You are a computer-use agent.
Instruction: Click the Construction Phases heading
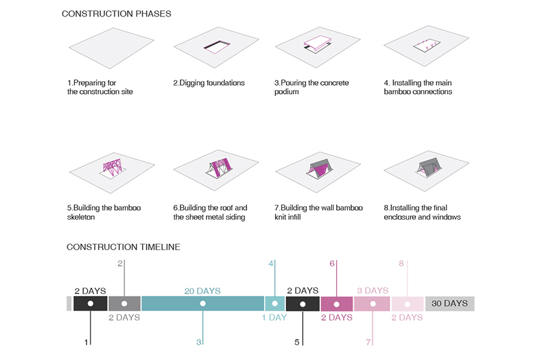pos(116,13)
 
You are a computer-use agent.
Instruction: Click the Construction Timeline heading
pos(123,247)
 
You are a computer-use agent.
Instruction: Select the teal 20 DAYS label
pos(202,291)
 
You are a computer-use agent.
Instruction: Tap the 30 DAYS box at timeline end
pos(450,303)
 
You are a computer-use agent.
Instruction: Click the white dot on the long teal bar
pos(203,304)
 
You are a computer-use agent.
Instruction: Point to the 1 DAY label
pos(274,317)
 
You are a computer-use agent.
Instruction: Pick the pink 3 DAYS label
pos(372,291)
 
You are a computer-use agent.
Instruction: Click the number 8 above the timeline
pos(402,263)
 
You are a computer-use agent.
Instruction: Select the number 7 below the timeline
pos(368,342)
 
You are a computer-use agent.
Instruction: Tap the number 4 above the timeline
pos(271,263)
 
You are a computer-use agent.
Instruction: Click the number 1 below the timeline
pos(86,342)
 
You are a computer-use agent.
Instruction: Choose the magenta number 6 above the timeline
pos(332,263)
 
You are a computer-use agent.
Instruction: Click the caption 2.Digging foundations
pos(208,83)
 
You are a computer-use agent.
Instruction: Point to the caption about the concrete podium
pos(311,87)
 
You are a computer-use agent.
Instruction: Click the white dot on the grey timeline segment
pos(125,304)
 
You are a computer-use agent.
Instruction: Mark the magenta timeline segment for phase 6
pos(337,304)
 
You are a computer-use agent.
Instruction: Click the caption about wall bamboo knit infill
pos(313,212)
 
